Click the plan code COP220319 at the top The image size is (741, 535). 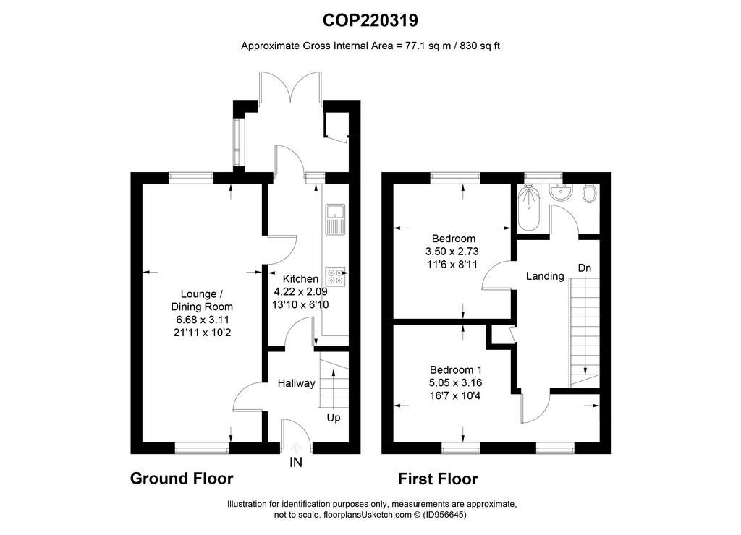click(x=370, y=20)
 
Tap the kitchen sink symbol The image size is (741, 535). click(x=335, y=219)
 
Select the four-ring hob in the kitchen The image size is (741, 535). click(x=335, y=277)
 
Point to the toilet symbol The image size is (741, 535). click(x=589, y=193)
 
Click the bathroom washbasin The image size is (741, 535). click(x=561, y=192)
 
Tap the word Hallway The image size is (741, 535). click(x=296, y=383)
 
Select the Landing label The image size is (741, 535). click(x=545, y=275)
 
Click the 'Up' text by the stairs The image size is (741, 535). click(x=334, y=418)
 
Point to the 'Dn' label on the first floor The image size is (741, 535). click(x=585, y=268)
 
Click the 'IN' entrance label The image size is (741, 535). click(x=296, y=462)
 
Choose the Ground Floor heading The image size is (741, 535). click(x=182, y=479)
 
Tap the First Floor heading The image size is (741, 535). click(x=438, y=479)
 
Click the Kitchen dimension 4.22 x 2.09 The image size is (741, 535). click(x=300, y=292)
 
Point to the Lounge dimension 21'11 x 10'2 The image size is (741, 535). click(x=203, y=333)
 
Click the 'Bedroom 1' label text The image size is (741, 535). click(x=456, y=369)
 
